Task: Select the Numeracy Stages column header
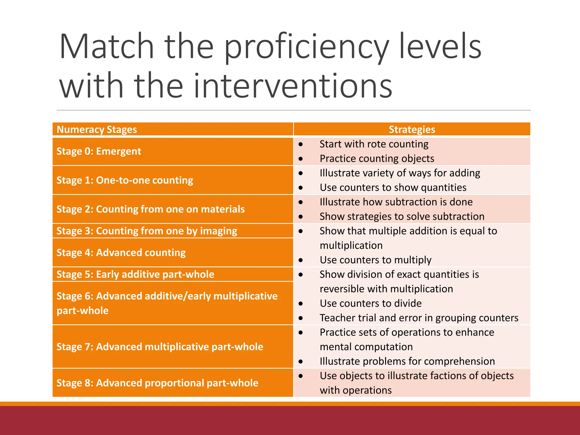pos(97,130)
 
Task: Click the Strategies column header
pos(412,130)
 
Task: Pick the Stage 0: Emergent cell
pos(99,151)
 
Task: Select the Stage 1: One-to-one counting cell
pos(125,180)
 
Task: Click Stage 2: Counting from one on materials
pos(151,209)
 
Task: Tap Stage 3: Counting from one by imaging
pos(147,231)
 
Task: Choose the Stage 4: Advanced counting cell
pos(121,253)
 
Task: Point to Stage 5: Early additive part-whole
pos(135,274)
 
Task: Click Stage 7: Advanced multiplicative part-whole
pos(160,347)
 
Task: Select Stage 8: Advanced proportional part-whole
pos(157,383)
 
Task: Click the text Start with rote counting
pos(374,144)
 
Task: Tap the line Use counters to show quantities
pos(393,187)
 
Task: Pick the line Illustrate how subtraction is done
pos(396,202)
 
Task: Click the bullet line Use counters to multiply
pos(376,260)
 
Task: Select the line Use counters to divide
pos(371,303)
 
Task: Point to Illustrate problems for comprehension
pos(407,361)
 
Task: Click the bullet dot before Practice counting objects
pos(301,159)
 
